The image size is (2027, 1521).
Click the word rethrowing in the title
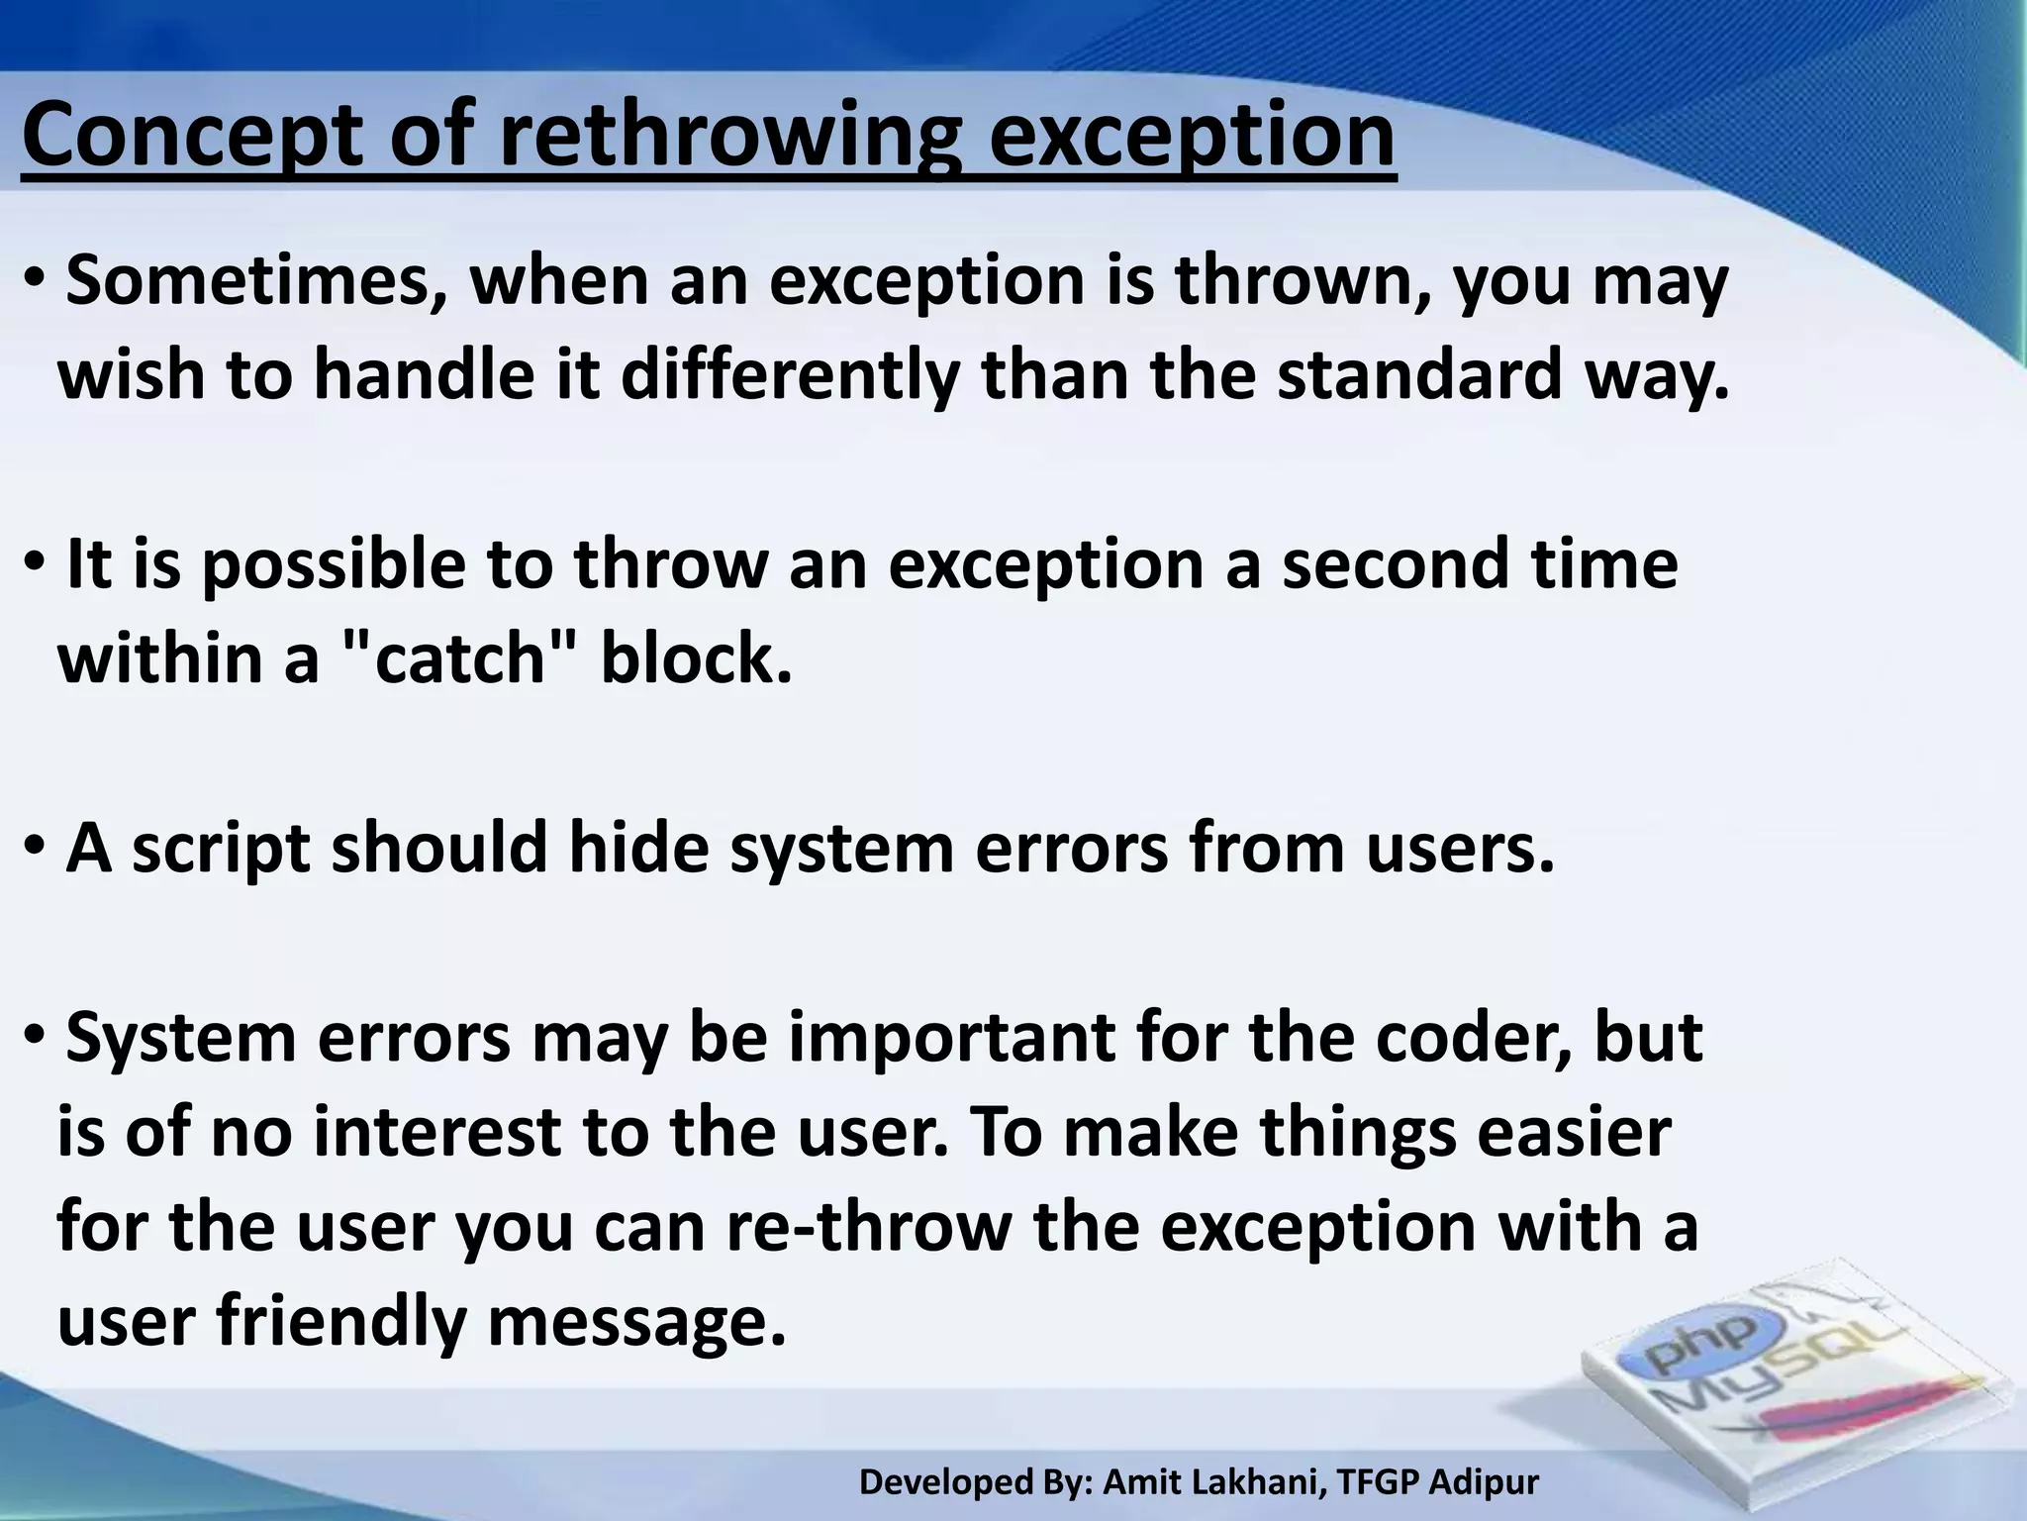click(x=728, y=139)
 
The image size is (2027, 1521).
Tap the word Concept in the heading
click(x=193, y=139)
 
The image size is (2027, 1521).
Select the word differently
click(x=790, y=376)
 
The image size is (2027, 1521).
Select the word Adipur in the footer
click(x=1485, y=1482)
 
